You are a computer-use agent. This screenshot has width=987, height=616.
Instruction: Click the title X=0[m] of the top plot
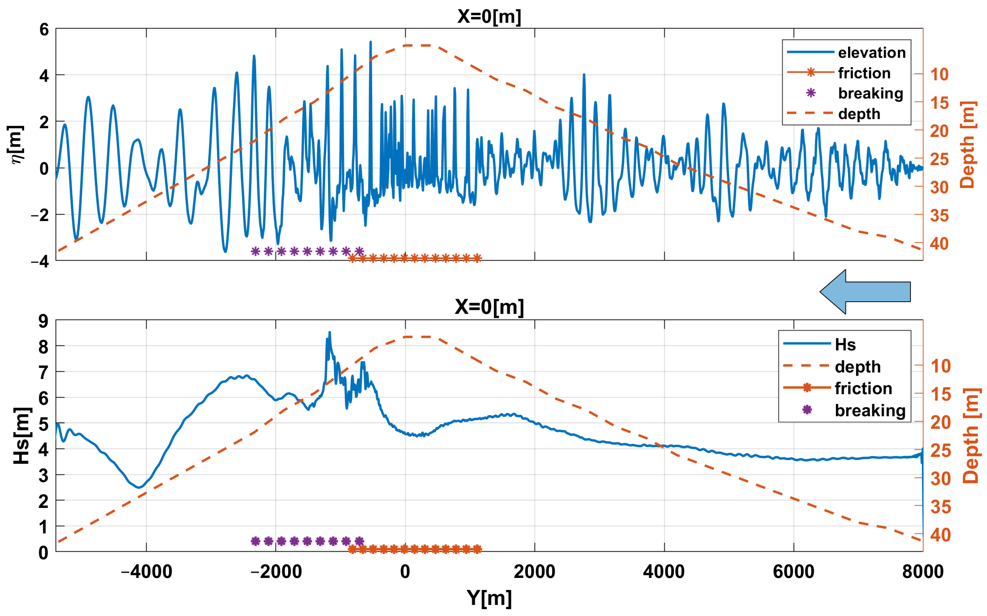coord(489,17)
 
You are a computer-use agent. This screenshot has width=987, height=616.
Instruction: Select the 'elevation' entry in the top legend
coord(872,53)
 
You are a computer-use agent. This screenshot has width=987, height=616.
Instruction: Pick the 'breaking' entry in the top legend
coord(870,93)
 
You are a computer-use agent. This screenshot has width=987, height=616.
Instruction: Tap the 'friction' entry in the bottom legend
coord(863,388)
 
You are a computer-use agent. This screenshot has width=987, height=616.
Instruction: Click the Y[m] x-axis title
coord(489,598)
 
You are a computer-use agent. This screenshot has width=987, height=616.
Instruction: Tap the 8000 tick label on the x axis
coord(922,572)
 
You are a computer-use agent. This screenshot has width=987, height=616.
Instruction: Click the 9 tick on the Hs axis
coord(43,322)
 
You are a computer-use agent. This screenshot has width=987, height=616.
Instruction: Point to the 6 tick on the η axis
coord(44,30)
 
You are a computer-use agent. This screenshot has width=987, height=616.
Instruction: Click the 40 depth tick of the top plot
coord(939,244)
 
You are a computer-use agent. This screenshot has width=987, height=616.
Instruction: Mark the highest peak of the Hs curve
coord(330,333)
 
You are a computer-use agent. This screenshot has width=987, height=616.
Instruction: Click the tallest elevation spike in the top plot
coord(370,42)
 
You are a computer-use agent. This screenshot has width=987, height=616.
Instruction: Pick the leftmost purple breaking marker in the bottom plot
coord(256,541)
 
